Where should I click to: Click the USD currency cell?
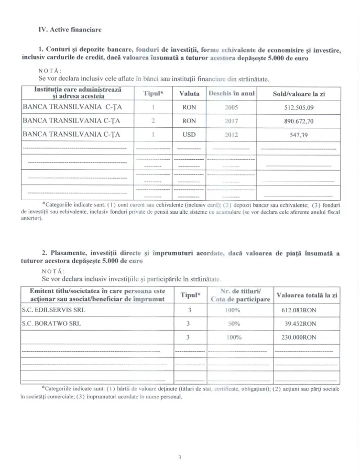click(x=189, y=134)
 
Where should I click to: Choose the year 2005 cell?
click(x=232, y=108)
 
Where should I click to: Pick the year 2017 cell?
click(x=232, y=121)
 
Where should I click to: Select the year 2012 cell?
click(x=232, y=134)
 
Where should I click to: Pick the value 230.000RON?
click(x=299, y=337)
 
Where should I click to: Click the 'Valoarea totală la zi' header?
click(x=307, y=295)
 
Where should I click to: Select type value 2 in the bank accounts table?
click(x=153, y=121)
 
